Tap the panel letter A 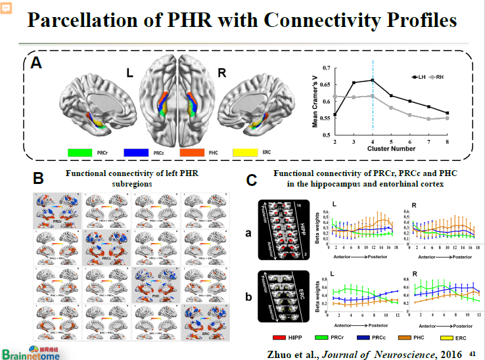tap(37, 63)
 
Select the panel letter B tap(39, 178)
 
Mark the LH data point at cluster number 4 tap(373, 80)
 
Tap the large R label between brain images tap(221, 73)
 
